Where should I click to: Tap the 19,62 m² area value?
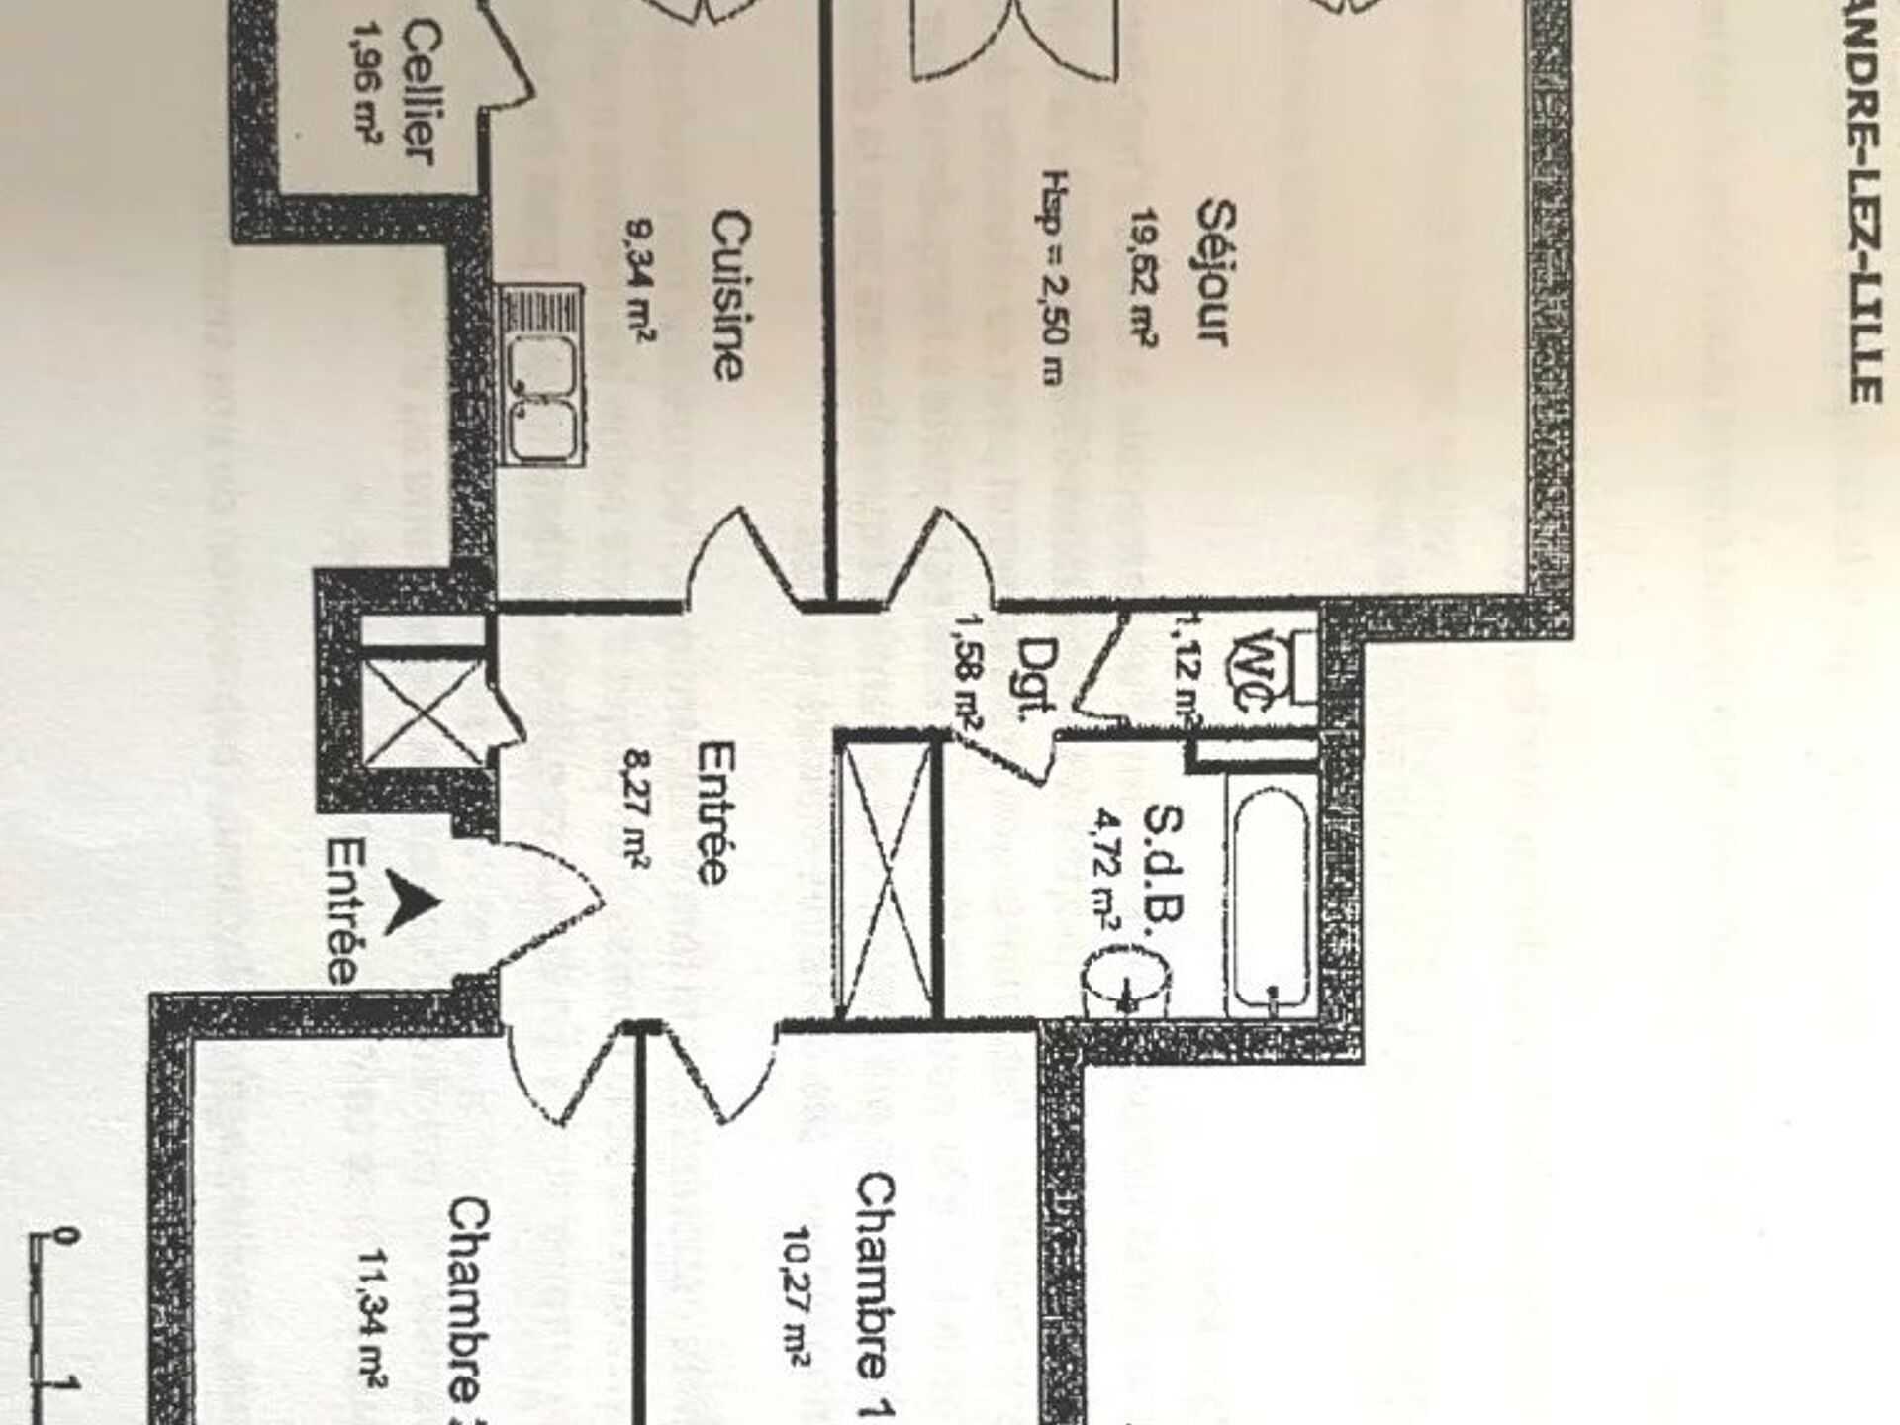click(1144, 277)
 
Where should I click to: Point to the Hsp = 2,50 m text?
click(1056, 277)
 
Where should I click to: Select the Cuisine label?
click(729, 294)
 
